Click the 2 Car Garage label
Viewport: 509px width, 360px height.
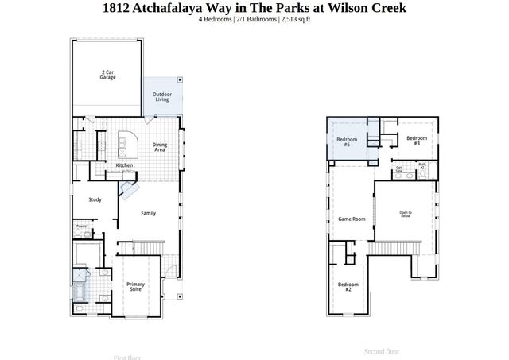(x=108, y=75)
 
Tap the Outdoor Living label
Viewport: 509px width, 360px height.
(x=161, y=97)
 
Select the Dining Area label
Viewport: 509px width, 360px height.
(x=159, y=147)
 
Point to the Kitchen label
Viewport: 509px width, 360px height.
(x=124, y=165)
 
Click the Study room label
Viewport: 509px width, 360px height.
(x=95, y=199)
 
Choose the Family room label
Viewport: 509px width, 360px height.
(x=148, y=213)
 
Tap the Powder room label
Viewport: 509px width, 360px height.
(x=82, y=226)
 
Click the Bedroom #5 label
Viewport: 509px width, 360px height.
(x=348, y=141)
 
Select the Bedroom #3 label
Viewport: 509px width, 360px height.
(x=412, y=140)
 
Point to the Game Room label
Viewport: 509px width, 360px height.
(x=352, y=219)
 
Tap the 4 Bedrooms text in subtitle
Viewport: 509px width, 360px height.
(x=216, y=19)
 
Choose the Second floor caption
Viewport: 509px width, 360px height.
(x=382, y=351)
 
